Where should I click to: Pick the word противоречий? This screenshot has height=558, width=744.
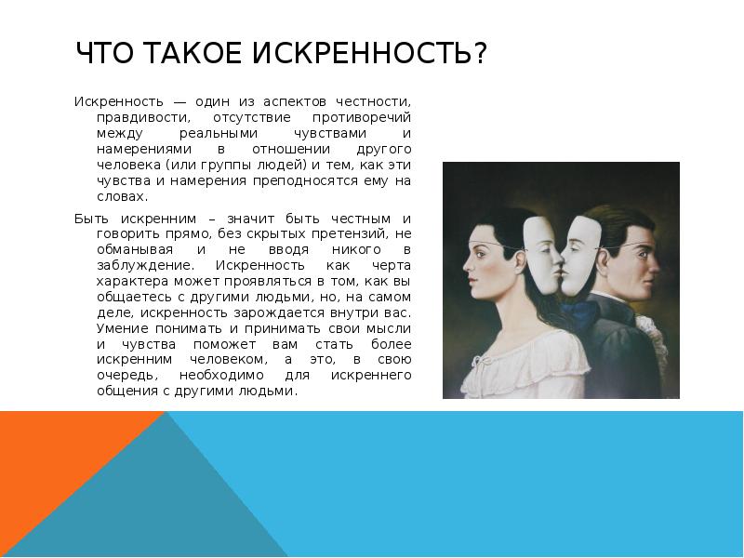(x=367, y=118)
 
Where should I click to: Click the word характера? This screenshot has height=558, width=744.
(x=130, y=280)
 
